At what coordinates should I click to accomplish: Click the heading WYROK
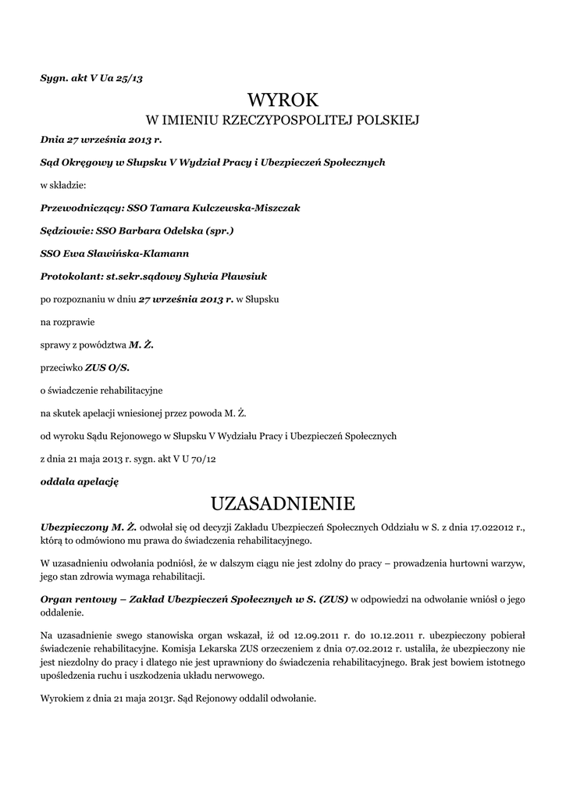283,100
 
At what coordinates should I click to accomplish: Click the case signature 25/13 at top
130,79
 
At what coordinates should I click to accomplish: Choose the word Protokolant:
71,276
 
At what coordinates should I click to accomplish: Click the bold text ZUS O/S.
107,366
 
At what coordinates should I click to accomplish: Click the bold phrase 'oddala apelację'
79,482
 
